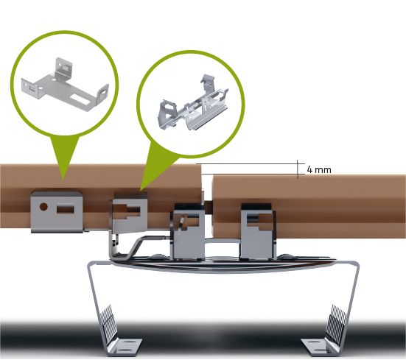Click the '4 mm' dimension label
coord(319,170)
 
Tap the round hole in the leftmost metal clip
coord(43,207)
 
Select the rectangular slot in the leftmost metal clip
coord(66,209)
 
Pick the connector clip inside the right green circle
coord(192,105)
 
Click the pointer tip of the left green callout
coord(63,179)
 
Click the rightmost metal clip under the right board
coord(257,231)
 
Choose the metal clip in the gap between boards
coord(188,232)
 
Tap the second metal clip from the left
coord(130,213)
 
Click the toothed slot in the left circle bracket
coord(81,99)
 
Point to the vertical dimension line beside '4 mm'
coord(298,169)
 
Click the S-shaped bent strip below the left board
coord(137,246)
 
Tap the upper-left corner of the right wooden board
coord(214,176)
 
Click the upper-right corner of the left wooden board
coord(200,165)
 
